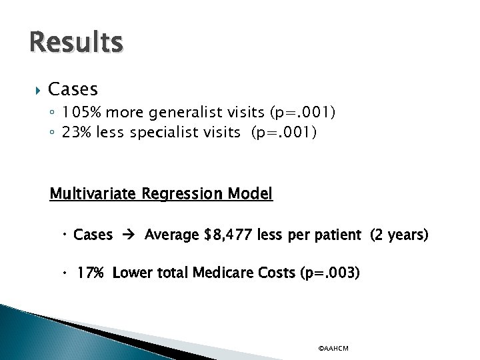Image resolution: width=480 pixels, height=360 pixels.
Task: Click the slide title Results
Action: (x=76, y=43)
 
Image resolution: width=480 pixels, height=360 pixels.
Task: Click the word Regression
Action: (x=183, y=194)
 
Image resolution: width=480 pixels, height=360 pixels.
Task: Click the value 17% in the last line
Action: (x=92, y=273)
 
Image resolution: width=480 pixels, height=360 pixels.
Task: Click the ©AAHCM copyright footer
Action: (x=333, y=348)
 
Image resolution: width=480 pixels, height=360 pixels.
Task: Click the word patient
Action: (x=337, y=235)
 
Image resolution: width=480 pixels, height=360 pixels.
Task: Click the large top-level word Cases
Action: (x=73, y=89)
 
